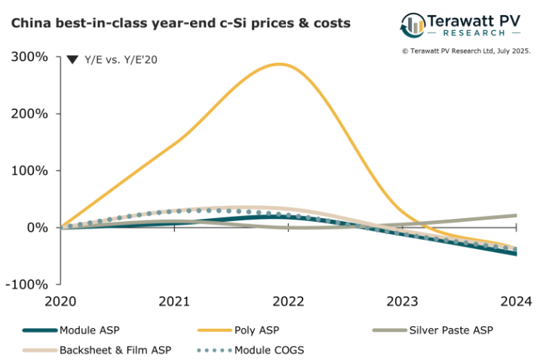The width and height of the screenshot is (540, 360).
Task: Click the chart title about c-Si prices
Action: point(180,23)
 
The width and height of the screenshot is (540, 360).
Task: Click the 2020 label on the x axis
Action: point(60,301)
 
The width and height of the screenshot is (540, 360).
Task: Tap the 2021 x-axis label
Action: point(174,301)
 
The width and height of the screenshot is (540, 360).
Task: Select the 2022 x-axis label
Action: point(288,301)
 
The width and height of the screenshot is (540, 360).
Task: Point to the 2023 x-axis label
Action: point(402,301)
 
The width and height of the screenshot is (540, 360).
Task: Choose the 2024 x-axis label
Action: point(516,301)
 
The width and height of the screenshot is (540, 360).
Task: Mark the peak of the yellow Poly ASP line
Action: point(281,64)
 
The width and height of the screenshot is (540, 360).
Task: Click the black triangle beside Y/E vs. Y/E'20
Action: point(72,60)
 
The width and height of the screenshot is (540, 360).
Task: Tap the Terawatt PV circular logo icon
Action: point(413,25)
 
